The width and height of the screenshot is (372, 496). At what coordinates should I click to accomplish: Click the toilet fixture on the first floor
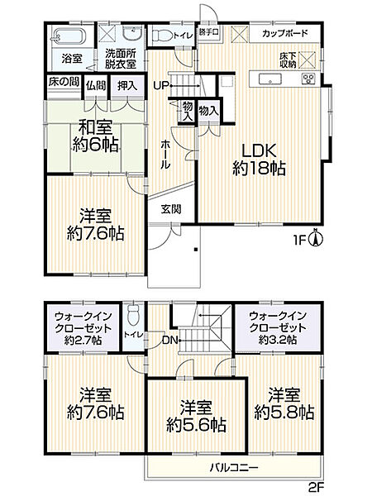(x=163, y=36)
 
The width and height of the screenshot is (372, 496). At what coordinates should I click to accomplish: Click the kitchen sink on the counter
(x=270, y=79)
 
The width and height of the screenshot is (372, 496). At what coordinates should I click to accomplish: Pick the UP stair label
(x=160, y=85)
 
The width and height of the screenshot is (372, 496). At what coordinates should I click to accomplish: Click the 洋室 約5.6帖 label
(x=195, y=417)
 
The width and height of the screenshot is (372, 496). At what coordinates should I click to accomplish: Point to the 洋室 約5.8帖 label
(x=284, y=403)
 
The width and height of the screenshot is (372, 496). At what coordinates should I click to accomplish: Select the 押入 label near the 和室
(x=126, y=84)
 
